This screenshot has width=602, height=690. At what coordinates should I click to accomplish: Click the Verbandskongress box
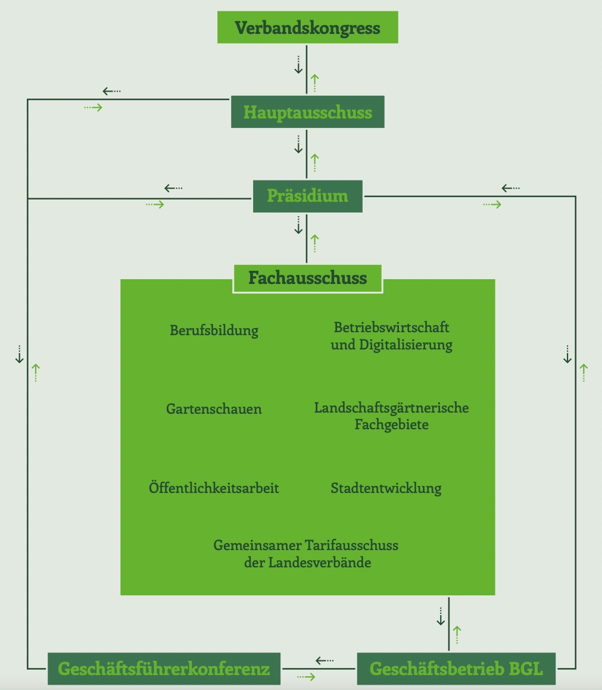[x=307, y=28]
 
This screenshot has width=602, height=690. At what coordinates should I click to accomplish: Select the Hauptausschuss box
[x=307, y=112]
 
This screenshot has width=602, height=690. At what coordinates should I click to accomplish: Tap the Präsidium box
[x=307, y=196]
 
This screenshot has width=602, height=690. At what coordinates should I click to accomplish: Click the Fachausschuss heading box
[x=307, y=277]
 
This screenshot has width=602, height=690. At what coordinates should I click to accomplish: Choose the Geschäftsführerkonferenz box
[x=164, y=669]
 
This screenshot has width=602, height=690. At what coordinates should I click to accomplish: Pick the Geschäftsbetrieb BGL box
[x=456, y=669]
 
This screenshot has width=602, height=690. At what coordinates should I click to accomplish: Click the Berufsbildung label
[x=214, y=330]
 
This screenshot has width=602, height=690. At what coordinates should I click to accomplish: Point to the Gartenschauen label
[x=214, y=409]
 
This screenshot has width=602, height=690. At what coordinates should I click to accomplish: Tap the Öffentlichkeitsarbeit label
[x=214, y=488]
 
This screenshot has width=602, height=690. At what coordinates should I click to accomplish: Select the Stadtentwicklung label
[x=386, y=488]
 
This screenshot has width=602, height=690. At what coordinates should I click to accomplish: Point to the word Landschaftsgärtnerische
[x=391, y=408]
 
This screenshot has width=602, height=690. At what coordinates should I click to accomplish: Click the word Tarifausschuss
[x=351, y=545]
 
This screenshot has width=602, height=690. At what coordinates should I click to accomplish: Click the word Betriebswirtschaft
[x=391, y=327]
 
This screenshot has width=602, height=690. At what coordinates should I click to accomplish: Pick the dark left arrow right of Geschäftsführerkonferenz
[x=325, y=660]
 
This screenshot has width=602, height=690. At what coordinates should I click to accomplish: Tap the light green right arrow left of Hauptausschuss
[x=93, y=107]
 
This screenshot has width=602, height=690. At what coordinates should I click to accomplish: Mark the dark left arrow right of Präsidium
[x=510, y=188]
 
